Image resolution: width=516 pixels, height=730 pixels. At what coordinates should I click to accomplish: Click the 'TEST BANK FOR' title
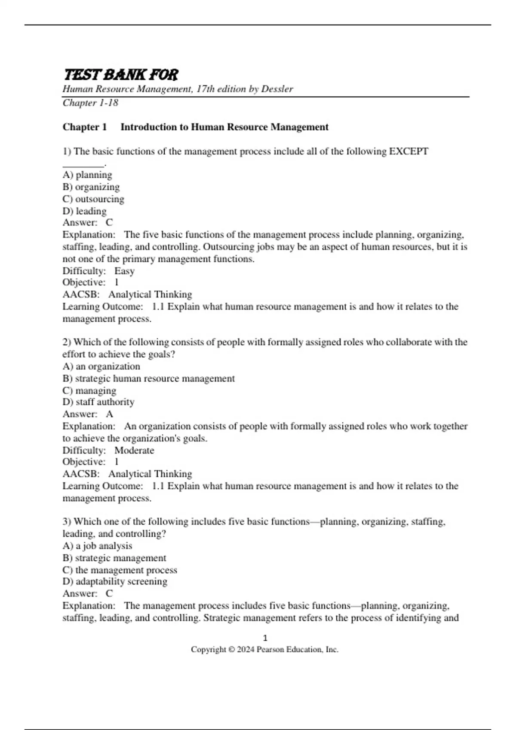[121, 75]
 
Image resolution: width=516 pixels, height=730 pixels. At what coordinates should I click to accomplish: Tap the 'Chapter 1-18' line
[90, 103]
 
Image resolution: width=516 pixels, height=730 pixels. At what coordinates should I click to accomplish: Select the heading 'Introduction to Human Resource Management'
[224, 127]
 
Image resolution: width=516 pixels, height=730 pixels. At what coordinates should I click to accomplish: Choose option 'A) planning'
[87, 175]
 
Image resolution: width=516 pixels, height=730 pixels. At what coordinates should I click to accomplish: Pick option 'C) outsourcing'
[93, 199]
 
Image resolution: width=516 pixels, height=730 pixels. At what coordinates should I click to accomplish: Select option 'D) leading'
[84, 211]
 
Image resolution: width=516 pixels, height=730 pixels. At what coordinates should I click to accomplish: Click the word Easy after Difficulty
[124, 271]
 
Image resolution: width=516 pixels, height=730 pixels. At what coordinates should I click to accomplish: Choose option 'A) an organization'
[101, 367]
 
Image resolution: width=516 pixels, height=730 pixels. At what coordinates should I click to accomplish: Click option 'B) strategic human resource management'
[148, 379]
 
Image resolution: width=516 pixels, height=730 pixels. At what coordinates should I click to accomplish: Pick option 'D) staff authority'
[98, 402]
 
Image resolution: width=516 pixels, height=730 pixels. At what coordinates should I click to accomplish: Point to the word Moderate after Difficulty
[134, 450]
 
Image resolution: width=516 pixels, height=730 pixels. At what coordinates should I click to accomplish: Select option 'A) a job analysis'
[97, 546]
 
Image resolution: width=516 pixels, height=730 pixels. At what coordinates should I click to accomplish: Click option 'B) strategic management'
[114, 558]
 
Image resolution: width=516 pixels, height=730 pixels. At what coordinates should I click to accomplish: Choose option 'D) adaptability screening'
[115, 581]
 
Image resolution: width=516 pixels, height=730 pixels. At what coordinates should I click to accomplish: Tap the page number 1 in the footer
[265, 638]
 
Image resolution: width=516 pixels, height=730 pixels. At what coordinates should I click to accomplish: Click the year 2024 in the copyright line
[246, 650]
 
